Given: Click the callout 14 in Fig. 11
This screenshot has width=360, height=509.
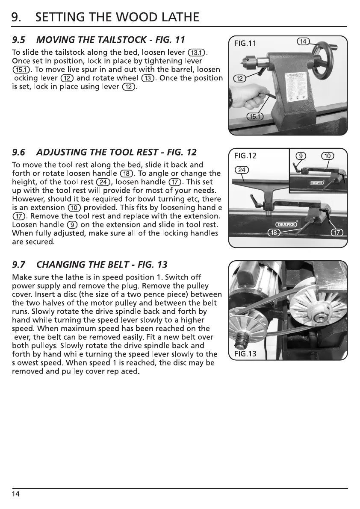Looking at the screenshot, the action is click(x=303, y=41).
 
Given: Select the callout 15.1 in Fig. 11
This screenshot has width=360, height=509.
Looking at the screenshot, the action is click(x=256, y=117).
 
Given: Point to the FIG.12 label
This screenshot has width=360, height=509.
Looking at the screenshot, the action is click(x=245, y=155).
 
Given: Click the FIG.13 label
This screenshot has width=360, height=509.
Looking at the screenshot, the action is click(x=245, y=354).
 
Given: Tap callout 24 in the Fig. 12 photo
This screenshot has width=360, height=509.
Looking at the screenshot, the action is click(x=241, y=170).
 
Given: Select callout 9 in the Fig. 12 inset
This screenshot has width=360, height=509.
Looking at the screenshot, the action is click(x=301, y=156).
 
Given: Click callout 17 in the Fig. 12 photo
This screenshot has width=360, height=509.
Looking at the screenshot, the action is click(x=338, y=232).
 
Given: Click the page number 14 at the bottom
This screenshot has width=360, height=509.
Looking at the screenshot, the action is click(x=16, y=494).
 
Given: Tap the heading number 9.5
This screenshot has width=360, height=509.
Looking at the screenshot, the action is click(x=19, y=40).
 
